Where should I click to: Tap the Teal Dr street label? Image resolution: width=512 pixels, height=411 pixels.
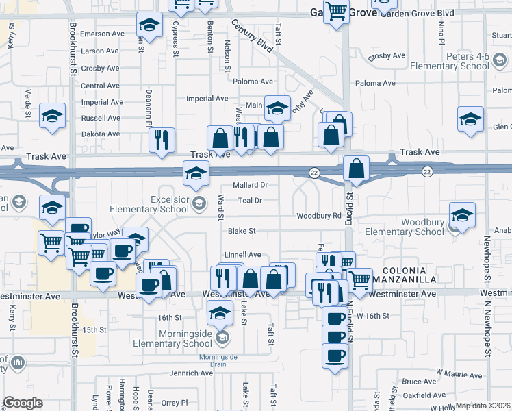(x=248, y=201)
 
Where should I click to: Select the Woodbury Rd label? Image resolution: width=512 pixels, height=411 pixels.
(x=318, y=216)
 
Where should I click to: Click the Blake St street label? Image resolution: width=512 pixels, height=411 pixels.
(x=242, y=232)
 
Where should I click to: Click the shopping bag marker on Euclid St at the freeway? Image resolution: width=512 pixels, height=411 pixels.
(x=357, y=168)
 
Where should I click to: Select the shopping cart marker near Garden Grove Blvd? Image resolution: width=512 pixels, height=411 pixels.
(x=335, y=12)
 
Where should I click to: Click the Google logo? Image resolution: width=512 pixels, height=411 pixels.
(x=23, y=403)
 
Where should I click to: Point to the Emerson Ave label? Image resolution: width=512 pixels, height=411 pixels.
(x=102, y=33)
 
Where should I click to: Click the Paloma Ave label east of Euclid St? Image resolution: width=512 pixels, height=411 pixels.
(x=375, y=83)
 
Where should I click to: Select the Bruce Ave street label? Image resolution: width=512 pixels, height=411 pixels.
(x=420, y=382)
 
